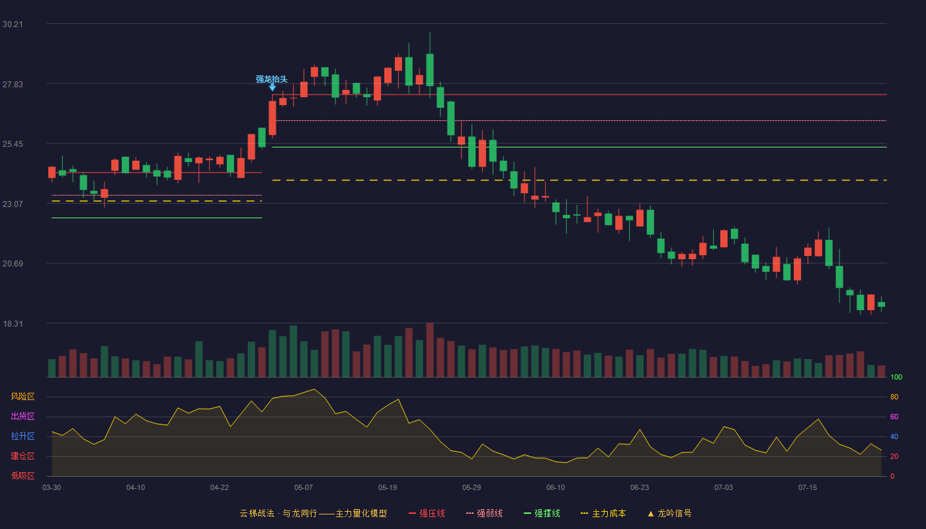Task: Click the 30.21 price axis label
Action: (13, 24)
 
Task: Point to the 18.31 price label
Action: (13, 323)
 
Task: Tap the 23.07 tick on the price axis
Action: (13, 204)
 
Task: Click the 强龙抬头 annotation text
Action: (271, 79)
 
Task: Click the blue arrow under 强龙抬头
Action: (272, 87)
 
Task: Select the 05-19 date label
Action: (388, 488)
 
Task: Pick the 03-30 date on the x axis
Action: (52, 488)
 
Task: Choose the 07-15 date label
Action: (808, 488)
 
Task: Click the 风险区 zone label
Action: (22, 397)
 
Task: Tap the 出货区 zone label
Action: (22, 416)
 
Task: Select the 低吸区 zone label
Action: (22, 475)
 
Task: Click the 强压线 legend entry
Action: (427, 513)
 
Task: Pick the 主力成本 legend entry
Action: (603, 513)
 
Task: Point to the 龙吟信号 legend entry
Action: (669, 513)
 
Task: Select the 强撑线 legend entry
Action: (542, 513)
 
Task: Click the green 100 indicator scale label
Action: (896, 377)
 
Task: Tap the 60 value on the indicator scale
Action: (894, 417)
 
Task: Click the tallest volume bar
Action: (430, 350)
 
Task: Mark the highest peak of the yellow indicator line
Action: (314, 389)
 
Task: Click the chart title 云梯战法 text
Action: (257, 513)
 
